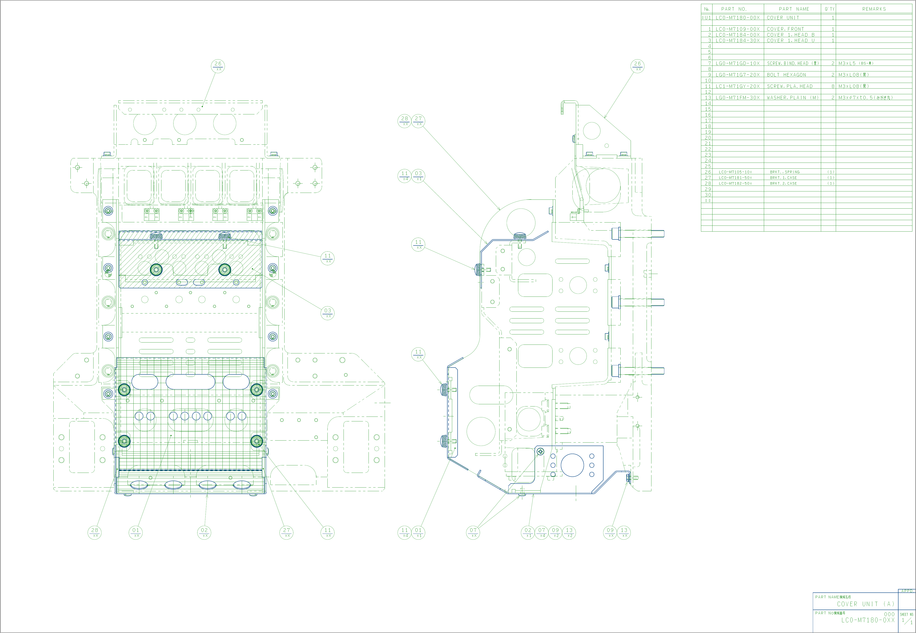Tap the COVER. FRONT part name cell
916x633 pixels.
[x=785, y=29]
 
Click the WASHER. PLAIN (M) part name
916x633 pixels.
[x=792, y=98]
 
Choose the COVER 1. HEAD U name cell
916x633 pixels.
[x=790, y=41]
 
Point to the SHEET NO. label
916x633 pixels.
[x=907, y=614]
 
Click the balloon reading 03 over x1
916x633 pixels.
[x=418, y=176]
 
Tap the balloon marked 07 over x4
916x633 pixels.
[x=542, y=532]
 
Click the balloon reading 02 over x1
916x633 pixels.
[x=528, y=532]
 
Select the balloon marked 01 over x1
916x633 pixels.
[x=418, y=532]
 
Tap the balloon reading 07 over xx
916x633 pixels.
[x=473, y=532]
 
